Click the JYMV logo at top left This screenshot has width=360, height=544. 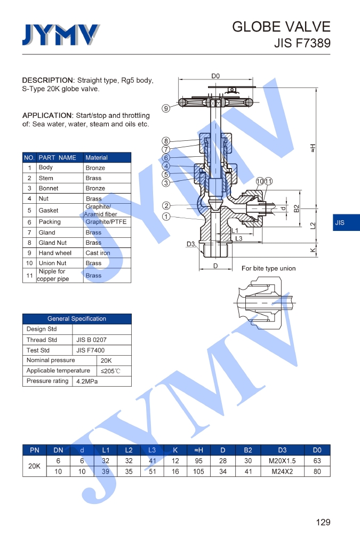61,35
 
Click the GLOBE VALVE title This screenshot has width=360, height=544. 281,27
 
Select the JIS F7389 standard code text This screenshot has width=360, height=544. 302,43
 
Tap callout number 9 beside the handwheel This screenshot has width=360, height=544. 166,108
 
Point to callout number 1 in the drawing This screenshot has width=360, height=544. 166,217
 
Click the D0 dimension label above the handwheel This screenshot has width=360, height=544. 215,76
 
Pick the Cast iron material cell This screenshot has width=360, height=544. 99,253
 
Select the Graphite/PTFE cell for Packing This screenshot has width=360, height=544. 106,222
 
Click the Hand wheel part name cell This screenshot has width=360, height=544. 54,253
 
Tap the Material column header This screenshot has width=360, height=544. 97,157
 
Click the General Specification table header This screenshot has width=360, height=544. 77,318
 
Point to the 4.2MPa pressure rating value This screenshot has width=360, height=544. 88,381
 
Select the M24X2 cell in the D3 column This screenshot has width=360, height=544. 282,471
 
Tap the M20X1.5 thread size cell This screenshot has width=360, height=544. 282,461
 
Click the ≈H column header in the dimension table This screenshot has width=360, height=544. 198,450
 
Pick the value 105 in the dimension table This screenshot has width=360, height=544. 198,471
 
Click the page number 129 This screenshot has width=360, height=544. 323,522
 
